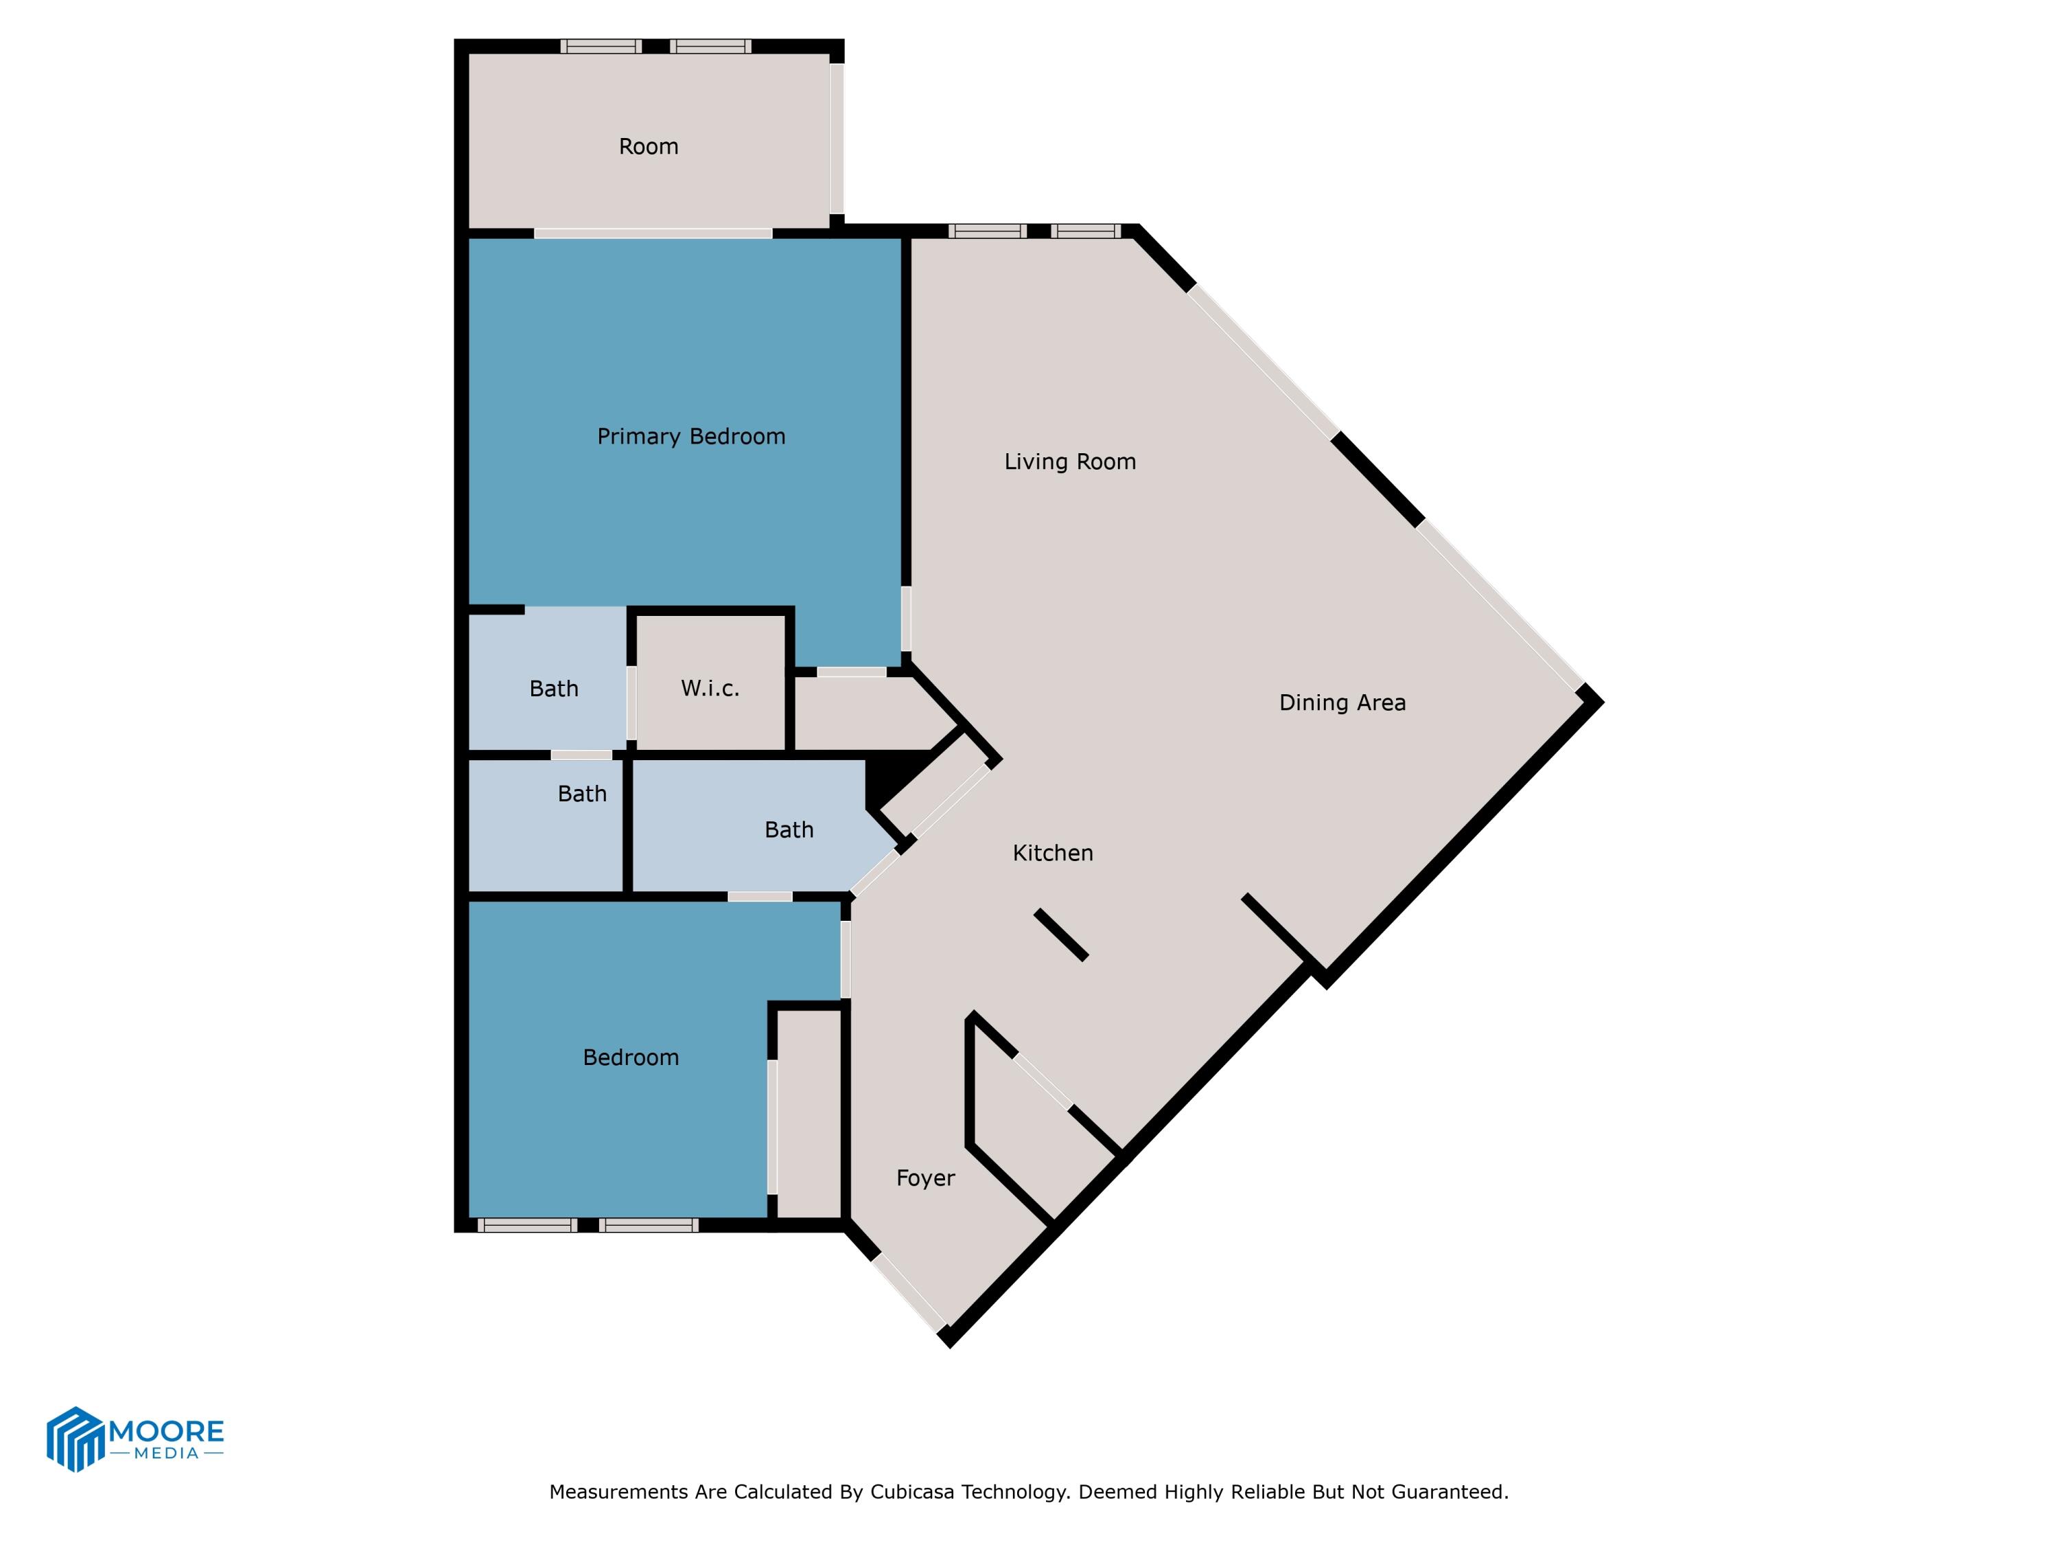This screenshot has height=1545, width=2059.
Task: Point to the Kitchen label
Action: (1052, 852)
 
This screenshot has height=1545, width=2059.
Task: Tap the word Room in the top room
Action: (648, 146)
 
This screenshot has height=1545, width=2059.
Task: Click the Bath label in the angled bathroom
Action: (789, 829)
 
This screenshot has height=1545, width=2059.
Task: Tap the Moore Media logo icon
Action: (74, 1438)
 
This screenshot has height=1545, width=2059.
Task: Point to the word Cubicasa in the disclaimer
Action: (912, 1491)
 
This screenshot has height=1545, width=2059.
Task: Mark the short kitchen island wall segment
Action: (1061, 934)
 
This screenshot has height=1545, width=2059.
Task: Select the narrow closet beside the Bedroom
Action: (808, 1113)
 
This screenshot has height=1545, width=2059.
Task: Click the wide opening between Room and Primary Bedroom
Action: (653, 233)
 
